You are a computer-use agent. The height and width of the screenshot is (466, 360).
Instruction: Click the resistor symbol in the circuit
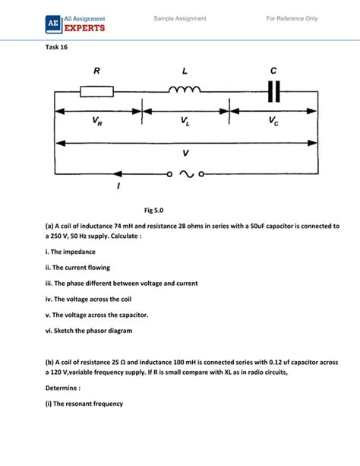pos(97,91)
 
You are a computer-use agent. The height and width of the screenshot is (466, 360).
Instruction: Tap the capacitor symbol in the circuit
pos(273,91)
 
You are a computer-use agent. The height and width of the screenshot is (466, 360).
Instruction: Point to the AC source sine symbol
pos(185,173)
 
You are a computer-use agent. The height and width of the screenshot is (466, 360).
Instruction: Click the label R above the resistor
pos(96,71)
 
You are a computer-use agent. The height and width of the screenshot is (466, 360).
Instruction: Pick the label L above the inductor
pos(184,71)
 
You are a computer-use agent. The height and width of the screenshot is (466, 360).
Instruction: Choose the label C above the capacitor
pos(273,71)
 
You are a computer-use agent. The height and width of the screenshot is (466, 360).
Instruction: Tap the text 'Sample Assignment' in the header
pos(180,18)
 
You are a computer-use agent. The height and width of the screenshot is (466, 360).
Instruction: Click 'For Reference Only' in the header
pos(292,18)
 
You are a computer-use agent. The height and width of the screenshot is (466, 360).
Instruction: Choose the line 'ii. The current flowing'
pos(77,268)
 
